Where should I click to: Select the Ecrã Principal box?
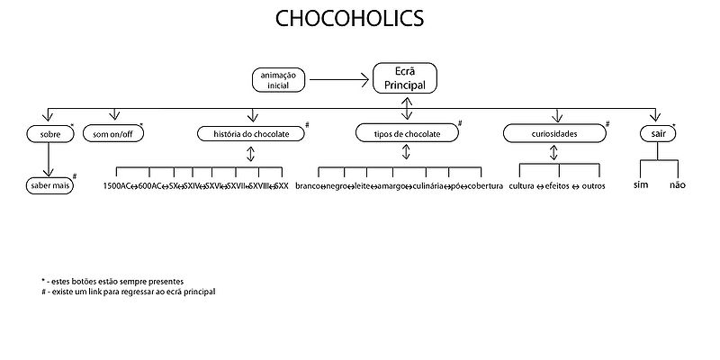point(405,78)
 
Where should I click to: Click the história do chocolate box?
point(250,133)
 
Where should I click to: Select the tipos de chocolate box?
point(406,133)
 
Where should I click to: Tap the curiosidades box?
point(553,133)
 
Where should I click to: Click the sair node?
point(658,133)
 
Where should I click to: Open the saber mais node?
point(48,185)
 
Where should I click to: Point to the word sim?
point(641,184)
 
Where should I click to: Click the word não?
point(678,184)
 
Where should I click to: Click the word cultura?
point(522,186)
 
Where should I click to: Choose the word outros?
point(593,186)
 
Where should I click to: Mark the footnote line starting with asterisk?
point(112,282)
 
